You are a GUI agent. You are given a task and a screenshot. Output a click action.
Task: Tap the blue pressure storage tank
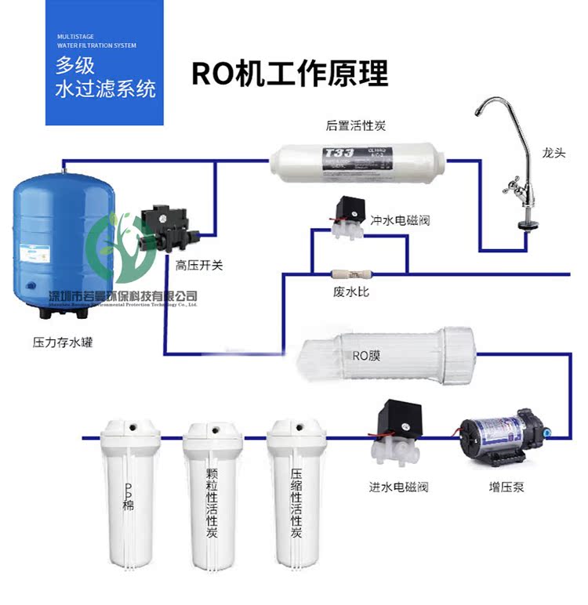click(x=63, y=239)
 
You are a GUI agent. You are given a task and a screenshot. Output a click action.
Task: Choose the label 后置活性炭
click(x=355, y=125)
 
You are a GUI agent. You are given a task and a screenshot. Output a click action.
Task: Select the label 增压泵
click(x=506, y=487)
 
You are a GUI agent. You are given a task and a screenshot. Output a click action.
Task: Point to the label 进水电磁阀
click(x=398, y=487)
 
